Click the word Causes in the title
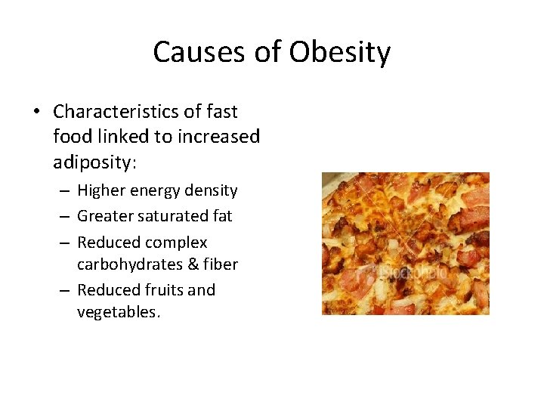tap(193, 53)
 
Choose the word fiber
tap(221, 264)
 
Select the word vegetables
tap(119, 312)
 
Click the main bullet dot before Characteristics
tap(36, 113)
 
